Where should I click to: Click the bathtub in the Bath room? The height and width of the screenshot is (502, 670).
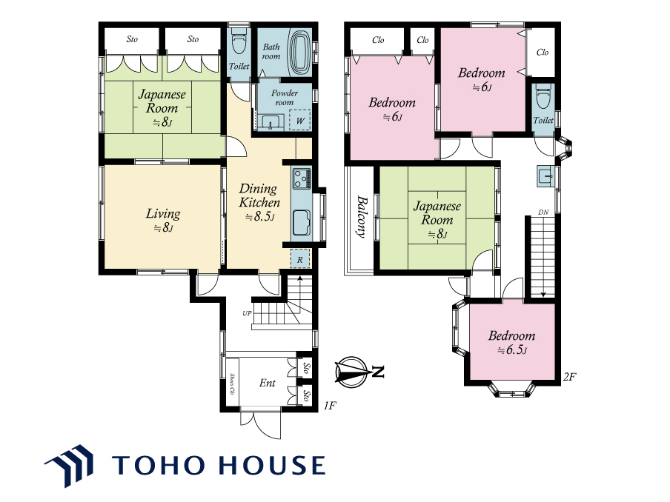300,53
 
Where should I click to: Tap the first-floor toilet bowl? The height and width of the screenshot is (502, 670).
239,41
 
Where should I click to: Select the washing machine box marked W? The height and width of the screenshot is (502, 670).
300,121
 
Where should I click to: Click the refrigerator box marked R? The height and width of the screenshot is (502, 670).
300,258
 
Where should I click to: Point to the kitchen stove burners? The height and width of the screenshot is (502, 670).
302,178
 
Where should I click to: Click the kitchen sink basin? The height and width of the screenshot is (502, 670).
302,222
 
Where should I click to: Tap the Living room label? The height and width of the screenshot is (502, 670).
163,219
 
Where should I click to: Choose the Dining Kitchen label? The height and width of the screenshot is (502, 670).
259,202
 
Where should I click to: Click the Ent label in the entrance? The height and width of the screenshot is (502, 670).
268,383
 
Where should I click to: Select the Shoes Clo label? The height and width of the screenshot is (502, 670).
233,384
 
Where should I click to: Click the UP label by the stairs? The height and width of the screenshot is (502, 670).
247,313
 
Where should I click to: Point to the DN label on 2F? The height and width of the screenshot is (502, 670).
543,212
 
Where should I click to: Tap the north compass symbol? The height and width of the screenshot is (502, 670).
358,372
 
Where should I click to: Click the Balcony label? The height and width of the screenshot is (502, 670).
362,216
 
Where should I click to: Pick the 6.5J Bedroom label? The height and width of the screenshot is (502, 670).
511,343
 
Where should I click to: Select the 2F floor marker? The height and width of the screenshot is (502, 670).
570,376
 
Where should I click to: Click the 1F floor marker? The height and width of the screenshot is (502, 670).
330,405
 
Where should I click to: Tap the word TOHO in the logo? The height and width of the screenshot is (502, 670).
158,465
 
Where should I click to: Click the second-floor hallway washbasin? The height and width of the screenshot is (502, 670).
545,175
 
